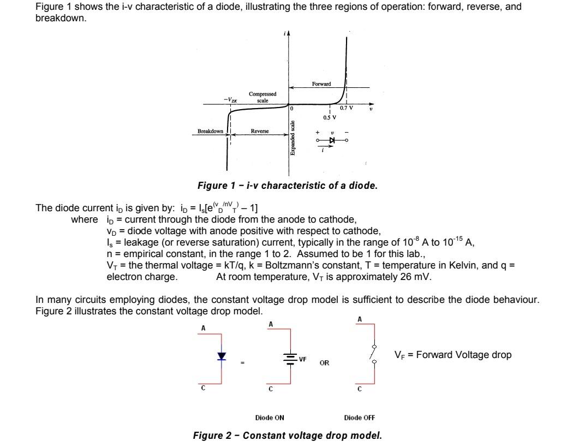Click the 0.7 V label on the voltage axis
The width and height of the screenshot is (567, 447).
click(346, 108)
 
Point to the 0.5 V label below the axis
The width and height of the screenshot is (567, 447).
click(330, 117)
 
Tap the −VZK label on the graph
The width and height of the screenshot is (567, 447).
click(230, 99)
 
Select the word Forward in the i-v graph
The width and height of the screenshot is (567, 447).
click(321, 84)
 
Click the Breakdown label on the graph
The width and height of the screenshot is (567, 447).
click(210, 132)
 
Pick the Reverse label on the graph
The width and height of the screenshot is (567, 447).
click(260, 132)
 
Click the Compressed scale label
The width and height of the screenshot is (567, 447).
click(262, 97)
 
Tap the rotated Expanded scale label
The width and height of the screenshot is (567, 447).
click(293, 138)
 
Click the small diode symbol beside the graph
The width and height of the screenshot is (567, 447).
click(331, 140)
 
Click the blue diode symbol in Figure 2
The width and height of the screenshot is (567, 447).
click(221, 356)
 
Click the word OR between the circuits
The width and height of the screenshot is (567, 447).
click(324, 362)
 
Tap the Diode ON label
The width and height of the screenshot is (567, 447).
click(270, 418)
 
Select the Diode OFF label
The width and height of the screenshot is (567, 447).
click(359, 418)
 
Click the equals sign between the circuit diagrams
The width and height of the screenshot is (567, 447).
click(243, 362)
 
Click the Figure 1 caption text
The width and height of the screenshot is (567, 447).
click(287, 186)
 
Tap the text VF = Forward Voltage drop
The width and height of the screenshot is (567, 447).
click(453, 355)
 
